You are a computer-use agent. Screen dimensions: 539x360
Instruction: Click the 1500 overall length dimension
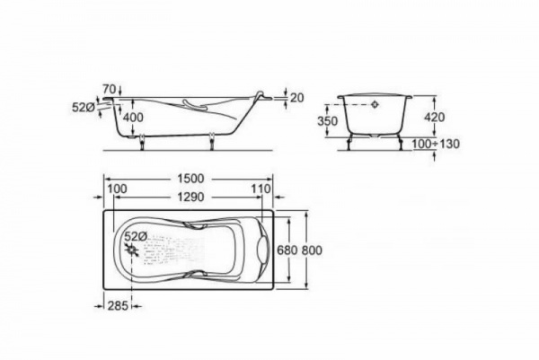[190, 179]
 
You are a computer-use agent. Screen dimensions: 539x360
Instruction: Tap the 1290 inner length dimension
[190, 198]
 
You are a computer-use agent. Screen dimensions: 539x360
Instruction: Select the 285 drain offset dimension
[118, 305]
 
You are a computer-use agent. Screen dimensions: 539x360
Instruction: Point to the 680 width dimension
[287, 250]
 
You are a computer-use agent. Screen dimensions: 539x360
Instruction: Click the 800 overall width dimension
[312, 250]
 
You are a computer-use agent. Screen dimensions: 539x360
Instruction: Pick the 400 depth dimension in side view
[133, 118]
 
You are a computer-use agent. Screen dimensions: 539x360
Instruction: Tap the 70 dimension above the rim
[110, 89]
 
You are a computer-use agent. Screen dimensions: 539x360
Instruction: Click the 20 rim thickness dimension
[297, 98]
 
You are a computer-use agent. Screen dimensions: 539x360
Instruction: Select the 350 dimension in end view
[327, 121]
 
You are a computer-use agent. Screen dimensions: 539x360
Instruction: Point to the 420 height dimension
[434, 117]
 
